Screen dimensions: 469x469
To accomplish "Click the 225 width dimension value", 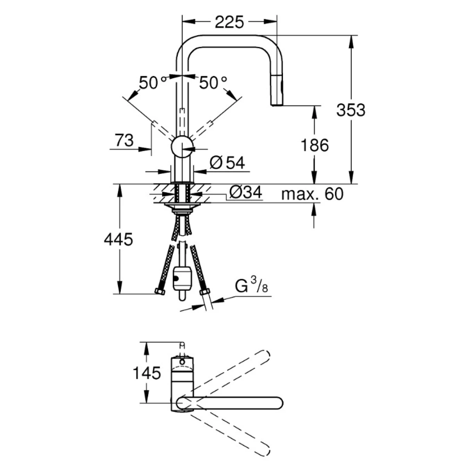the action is pos(229,22).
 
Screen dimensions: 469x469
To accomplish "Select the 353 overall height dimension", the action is pos(351,110).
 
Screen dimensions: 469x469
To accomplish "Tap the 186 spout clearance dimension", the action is pos(315,145).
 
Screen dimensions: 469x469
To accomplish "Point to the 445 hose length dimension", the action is pos(118,239).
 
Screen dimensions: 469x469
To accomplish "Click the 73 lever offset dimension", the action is pos(124,140).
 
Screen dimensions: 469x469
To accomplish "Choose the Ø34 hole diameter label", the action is pos(245,192).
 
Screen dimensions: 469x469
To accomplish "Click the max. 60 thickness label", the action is pos(312,194).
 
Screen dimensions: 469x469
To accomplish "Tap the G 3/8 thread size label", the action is pos(251,285).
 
